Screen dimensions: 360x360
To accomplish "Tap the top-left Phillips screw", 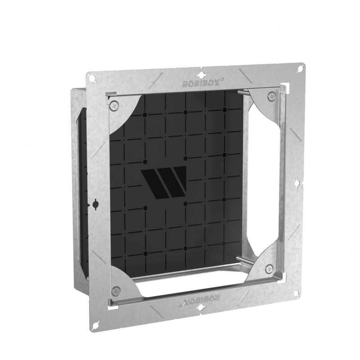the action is pos(114,105).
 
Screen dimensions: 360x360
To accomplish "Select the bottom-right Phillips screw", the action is pos(269,269).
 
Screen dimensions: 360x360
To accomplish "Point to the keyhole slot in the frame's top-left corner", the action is pos(94,78).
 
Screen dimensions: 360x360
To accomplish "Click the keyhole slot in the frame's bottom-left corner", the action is pos(96,326).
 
